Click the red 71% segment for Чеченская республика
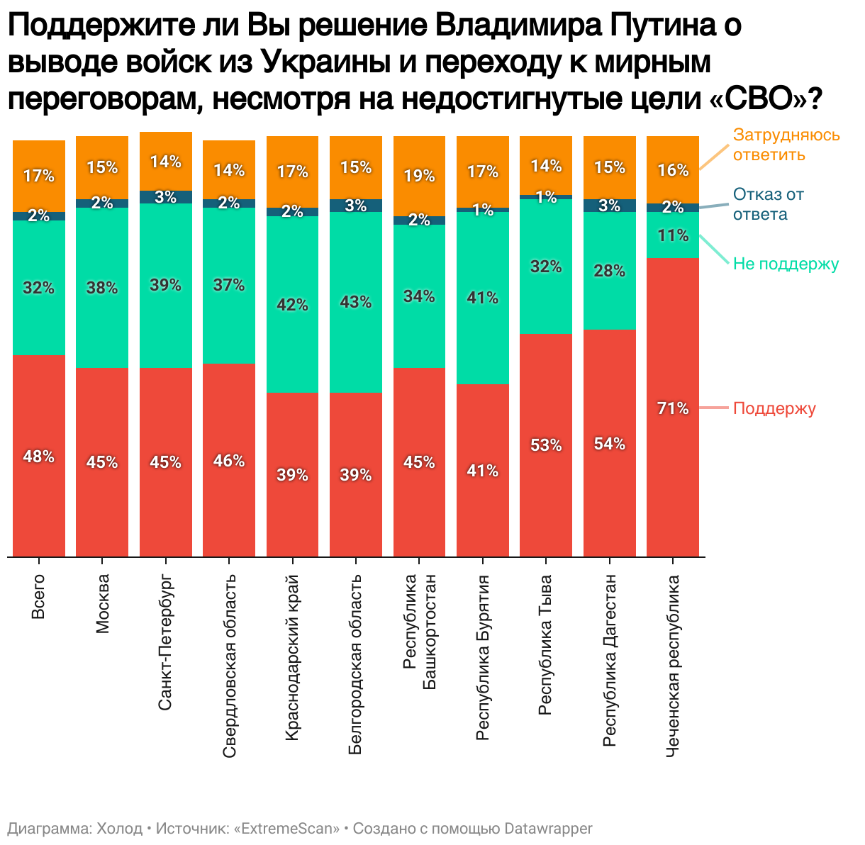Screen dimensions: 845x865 (673, 407)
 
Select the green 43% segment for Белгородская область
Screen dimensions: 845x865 (356, 302)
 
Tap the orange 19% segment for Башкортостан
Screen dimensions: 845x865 (419, 176)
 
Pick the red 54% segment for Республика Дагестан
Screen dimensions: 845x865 (610, 443)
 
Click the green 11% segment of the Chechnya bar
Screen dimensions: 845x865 (673, 235)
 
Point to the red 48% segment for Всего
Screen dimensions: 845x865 (39, 456)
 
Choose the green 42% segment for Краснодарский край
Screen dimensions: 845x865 (292, 304)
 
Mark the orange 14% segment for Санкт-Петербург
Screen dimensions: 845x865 (166, 162)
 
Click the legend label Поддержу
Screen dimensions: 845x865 (774, 409)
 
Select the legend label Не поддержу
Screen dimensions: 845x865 (786, 264)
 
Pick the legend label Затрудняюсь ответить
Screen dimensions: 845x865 (786, 145)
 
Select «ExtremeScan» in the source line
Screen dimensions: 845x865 (286, 829)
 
